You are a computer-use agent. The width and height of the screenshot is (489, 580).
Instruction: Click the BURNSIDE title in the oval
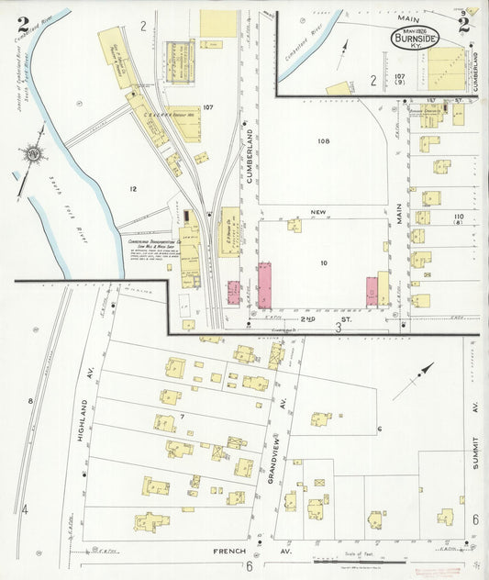click(414, 38)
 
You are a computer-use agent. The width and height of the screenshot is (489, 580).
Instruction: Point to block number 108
click(322, 141)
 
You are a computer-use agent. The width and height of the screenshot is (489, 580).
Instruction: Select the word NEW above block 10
click(318, 212)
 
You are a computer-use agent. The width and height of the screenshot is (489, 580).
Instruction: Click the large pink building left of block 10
click(265, 284)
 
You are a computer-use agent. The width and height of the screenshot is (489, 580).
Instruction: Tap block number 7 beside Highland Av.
click(183, 418)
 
